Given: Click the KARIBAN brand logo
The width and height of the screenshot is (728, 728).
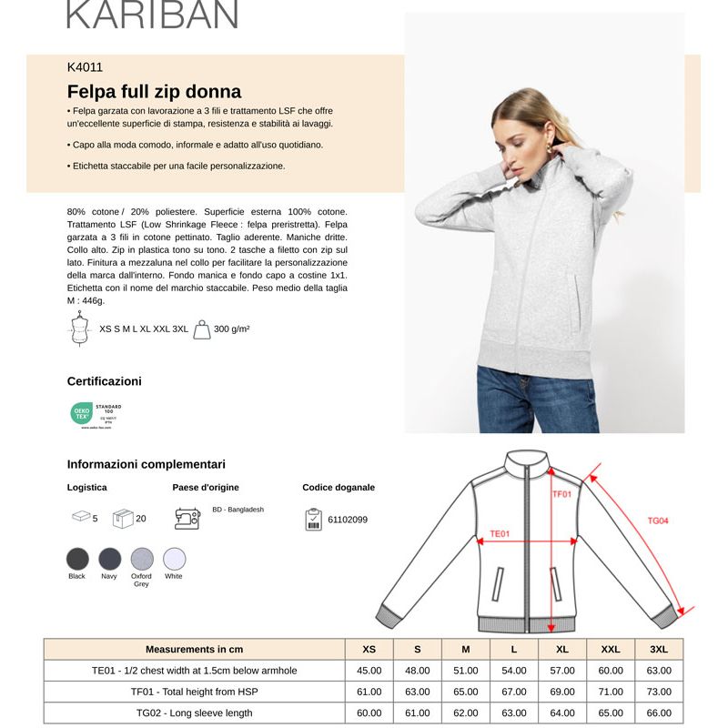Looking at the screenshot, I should pos(152,14).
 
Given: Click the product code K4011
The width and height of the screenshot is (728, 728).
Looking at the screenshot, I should pos(85,67).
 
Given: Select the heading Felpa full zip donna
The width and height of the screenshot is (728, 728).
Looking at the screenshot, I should pos(154,91).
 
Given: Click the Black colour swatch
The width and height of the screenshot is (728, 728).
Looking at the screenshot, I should pos(77,558).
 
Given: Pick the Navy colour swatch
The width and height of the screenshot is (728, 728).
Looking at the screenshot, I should pos(109,558).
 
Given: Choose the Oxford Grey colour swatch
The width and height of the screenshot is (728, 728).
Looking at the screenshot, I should pos(141,558).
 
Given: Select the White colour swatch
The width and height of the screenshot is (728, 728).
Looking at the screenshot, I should pos(174,558).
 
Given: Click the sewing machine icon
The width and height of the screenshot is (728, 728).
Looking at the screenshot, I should pos(187,519).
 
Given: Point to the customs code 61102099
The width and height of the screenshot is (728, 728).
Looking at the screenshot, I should pos(348,520).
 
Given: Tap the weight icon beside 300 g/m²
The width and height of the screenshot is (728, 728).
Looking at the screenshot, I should pos(202,329).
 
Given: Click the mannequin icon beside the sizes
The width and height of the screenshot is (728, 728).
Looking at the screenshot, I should pos(79,329).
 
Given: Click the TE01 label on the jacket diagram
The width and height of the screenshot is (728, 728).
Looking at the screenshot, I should pos(500,534).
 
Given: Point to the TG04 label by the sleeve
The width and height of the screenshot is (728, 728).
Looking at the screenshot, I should pos(658,521).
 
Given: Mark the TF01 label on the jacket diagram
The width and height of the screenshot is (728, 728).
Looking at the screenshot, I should pos(562,494).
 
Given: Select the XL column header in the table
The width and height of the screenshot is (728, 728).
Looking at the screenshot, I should pos(562,649).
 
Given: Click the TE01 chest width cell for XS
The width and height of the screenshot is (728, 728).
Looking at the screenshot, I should pos(369,671).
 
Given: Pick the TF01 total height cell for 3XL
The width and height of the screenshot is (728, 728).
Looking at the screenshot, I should pos(659,692).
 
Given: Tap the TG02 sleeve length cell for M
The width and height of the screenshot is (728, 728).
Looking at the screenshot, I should pos(465,713).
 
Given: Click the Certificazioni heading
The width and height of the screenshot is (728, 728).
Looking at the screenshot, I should pos(105,381).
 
